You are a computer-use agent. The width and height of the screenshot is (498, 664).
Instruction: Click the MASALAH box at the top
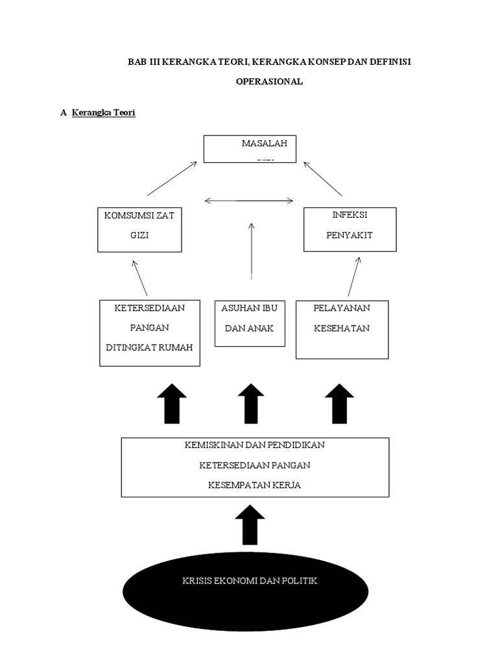pyautogui.click(x=250, y=148)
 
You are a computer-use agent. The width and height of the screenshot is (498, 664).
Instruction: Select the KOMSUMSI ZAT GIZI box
pyautogui.click(x=139, y=230)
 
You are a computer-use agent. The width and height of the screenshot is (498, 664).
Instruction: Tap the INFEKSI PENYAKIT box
pyautogui.click(x=350, y=230)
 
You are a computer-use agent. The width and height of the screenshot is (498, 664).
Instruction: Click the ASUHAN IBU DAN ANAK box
pyautogui.click(x=250, y=323)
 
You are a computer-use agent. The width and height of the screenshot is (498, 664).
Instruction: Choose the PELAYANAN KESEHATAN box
pyautogui.click(x=342, y=329)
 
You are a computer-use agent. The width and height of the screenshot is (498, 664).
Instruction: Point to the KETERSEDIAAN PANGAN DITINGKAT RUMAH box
pyautogui.click(x=150, y=333)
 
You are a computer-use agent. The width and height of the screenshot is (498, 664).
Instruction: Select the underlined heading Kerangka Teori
pyautogui.click(x=103, y=113)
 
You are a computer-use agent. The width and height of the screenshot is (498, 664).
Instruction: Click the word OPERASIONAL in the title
pyautogui.click(x=268, y=82)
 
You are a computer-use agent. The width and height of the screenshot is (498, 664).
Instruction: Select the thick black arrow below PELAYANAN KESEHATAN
pyautogui.click(x=339, y=403)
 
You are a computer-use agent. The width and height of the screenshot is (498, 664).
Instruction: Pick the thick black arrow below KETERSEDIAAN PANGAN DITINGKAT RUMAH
pyautogui.click(x=172, y=403)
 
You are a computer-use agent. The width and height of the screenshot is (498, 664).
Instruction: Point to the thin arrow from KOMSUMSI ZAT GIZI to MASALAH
pyautogui.click(x=172, y=179)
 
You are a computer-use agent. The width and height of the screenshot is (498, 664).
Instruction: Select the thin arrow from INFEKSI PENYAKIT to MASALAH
pyautogui.click(x=322, y=179)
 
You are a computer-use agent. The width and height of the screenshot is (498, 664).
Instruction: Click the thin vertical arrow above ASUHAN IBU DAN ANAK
pyautogui.click(x=251, y=251)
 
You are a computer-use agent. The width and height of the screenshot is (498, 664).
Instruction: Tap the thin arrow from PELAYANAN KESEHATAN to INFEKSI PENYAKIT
pyautogui.click(x=353, y=276)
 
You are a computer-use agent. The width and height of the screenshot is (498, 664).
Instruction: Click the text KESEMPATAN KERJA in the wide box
pyautogui.click(x=254, y=485)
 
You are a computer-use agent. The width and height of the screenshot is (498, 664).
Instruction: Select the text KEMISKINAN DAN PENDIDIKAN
pyautogui.click(x=254, y=445)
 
